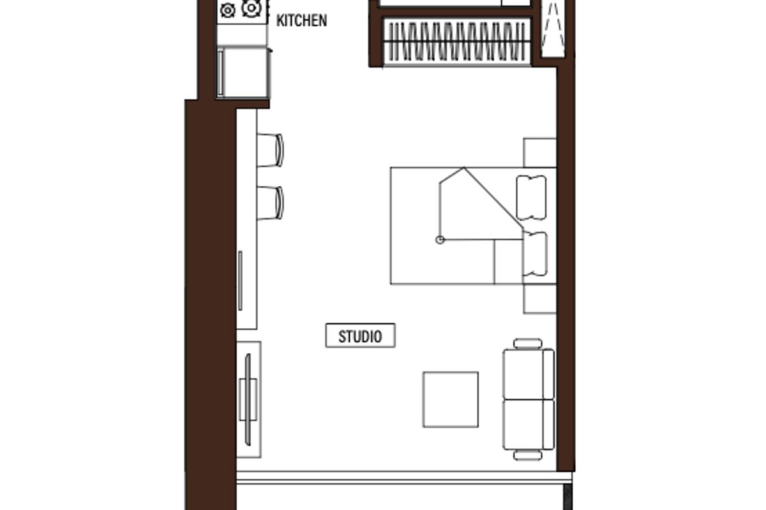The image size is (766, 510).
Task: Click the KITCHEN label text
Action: pyautogui.click(x=301, y=20)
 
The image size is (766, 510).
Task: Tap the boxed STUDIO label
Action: pyautogui.click(x=361, y=335)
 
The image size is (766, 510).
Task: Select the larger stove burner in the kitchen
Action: pyautogui.click(x=252, y=8)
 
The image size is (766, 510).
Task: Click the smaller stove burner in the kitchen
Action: pyautogui.click(x=228, y=10)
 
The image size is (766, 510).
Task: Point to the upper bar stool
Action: pyautogui.click(x=270, y=150)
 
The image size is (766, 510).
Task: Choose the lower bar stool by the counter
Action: pyautogui.click(x=270, y=203)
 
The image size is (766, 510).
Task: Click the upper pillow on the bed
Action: pyautogui.click(x=531, y=198)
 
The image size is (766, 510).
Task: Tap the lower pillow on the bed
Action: pyautogui.click(x=535, y=254)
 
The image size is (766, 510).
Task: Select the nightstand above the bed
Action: pyautogui.click(x=539, y=153)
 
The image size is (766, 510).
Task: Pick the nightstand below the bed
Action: pyautogui.click(x=539, y=298)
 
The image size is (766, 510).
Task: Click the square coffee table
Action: pyautogui.click(x=451, y=400)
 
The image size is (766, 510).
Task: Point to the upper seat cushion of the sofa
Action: pyautogui.click(x=523, y=374)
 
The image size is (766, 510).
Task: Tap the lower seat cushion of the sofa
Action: pyautogui.click(x=523, y=425)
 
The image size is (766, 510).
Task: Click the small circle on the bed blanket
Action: pyautogui.click(x=440, y=240)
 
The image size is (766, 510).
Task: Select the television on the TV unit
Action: pyautogui.click(x=248, y=400)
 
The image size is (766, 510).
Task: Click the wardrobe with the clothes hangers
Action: pyautogui.click(x=457, y=41)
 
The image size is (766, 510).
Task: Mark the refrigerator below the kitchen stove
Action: pyautogui.click(x=243, y=72)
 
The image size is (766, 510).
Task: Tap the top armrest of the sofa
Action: pyautogui.click(x=528, y=344)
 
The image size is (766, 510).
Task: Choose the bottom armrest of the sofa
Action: pyautogui.click(x=528, y=455)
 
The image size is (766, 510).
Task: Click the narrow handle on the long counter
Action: pyautogui.click(x=241, y=280)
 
